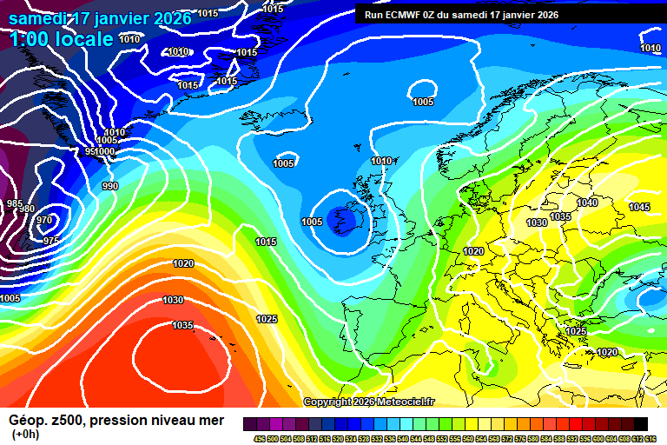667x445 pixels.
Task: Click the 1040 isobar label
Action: tap(587, 203)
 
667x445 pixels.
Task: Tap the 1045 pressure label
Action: tap(639, 207)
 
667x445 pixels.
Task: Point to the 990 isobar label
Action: tap(110, 186)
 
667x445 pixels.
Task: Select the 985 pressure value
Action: tap(15, 203)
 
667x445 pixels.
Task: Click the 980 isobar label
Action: tap(27, 209)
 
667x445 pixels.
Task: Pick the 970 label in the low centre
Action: tap(44, 221)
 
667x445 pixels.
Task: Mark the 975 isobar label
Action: tap(51, 241)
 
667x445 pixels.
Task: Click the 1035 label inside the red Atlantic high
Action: tap(182, 326)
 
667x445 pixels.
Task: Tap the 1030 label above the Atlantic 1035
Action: tap(173, 300)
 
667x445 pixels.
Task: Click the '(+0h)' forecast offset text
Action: tap(26, 435)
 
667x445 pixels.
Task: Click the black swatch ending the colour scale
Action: tap(641, 422)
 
